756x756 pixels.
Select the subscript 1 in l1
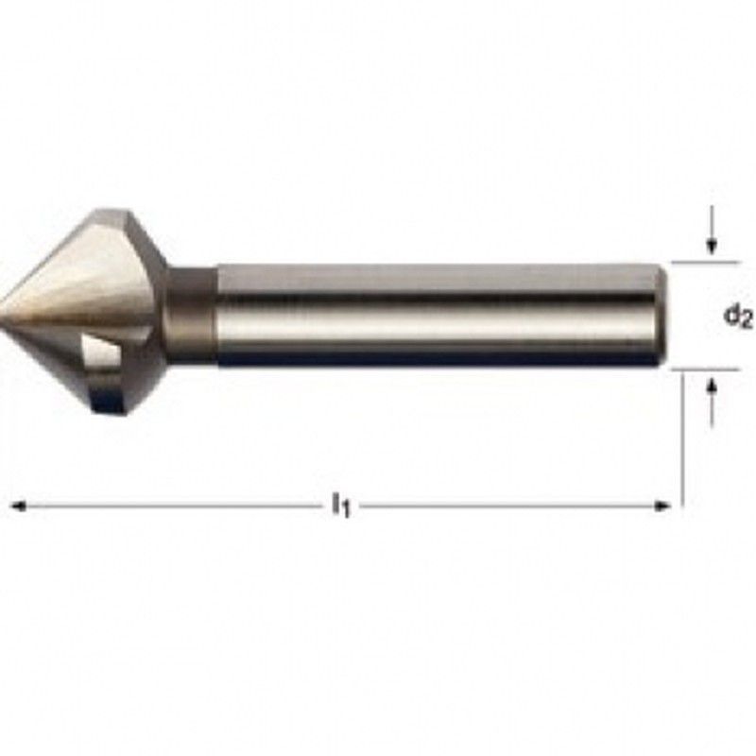pyautogui.click(x=346, y=511)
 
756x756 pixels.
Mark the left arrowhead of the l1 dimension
pyautogui.click(x=17, y=507)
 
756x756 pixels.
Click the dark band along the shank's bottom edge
pyautogui.click(x=435, y=360)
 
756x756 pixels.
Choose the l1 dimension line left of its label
pyautogui.click(x=170, y=507)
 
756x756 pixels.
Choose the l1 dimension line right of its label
pyautogui.click(x=510, y=507)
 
